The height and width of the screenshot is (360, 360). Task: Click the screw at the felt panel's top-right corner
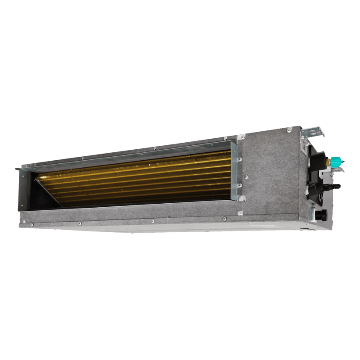(289, 130)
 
